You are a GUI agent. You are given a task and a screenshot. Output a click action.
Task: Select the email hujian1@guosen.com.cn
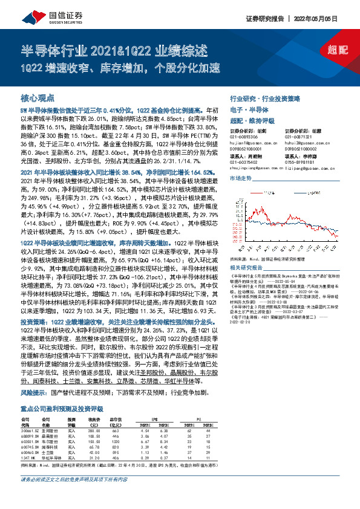point(252,144)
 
